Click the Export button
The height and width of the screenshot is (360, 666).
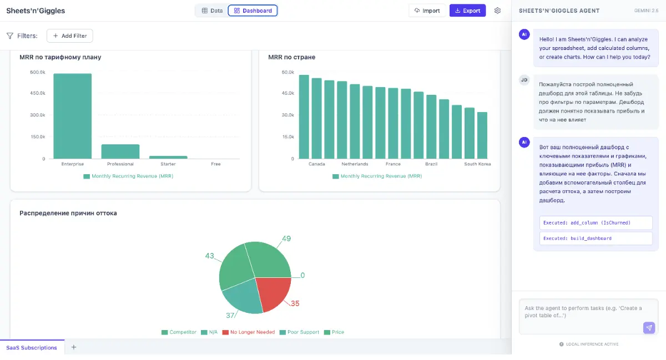[x=467, y=11]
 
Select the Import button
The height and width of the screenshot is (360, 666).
[x=427, y=11]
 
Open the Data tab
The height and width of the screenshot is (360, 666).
[x=212, y=11]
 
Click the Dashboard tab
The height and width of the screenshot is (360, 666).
[x=253, y=11]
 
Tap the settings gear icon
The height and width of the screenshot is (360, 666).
[x=497, y=11]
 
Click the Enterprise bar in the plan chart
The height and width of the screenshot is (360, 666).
[x=73, y=116]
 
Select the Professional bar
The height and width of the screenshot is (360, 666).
[x=120, y=151]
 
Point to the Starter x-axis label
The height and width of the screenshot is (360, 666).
[x=168, y=164]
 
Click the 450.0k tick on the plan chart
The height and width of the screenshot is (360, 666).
[x=38, y=93]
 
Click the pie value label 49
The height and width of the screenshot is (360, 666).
[x=286, y=239]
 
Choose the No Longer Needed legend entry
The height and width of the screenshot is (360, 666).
[x=249, y=332]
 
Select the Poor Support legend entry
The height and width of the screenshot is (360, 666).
[x=299, y=332]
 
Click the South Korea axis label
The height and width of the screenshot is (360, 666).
[x=477, y=164]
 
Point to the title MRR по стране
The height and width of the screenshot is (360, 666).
[x=292, y=57]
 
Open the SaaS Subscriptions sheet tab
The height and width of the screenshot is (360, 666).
[x=32, y=347]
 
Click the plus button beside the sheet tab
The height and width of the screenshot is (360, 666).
[x=74, y=347]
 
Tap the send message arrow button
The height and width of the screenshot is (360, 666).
[x=649, y=328]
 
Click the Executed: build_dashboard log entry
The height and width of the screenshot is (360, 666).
[x=596, y=239]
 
